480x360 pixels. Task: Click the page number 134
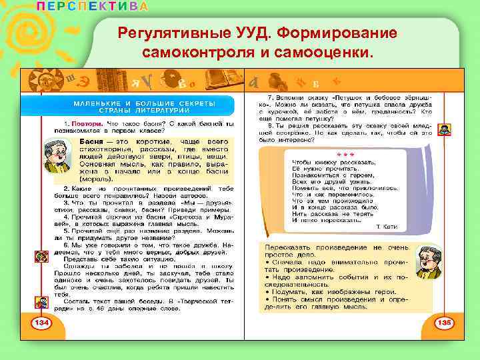pyautogui.click(x=41, y=323)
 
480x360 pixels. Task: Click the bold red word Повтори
pyautogui.click(x=79, y=125)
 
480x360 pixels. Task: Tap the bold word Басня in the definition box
pyautogui.click(x=91, y=143)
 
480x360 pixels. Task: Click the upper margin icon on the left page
pyautogui.click(x=41, y=255)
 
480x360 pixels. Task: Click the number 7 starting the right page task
pyautogui.click(x=269, y=98)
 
